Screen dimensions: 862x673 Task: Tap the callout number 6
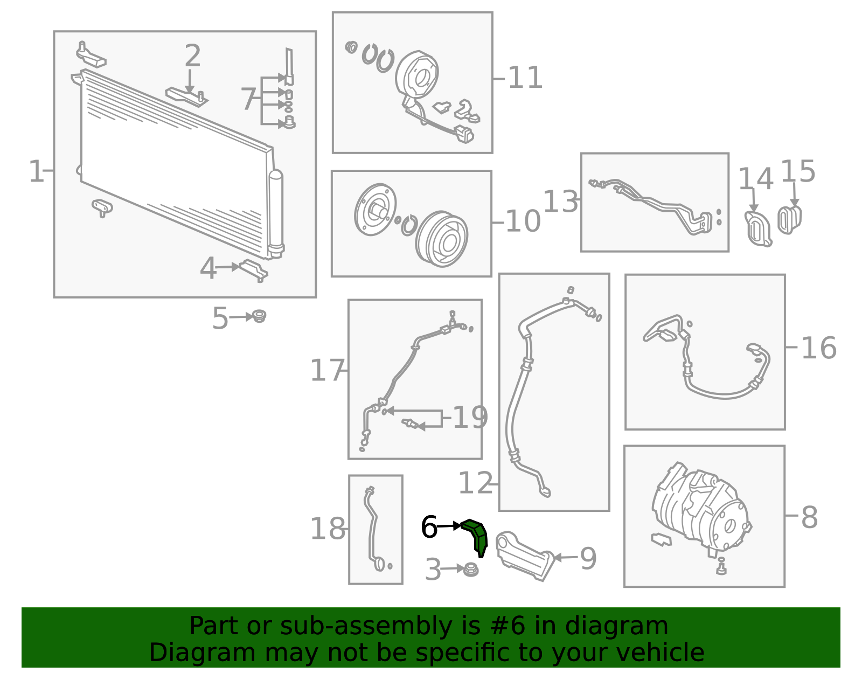click(x=429, y=527)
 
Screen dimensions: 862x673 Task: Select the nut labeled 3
click(x=471, y=570)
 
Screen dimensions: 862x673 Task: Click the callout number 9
click(x=588, y=558)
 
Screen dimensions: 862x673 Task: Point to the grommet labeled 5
click(x=260, y=316)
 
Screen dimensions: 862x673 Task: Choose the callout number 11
click(x=525, y=78)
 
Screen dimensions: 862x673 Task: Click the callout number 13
click(x=560, y=202)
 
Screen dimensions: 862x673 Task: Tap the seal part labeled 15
click(x=789, y=220)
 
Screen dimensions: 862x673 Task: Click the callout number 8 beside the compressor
click(x=810, y=517)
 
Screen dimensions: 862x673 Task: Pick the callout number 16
click(x=819, y=348)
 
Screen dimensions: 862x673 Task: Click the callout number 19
click(x=470, y=417)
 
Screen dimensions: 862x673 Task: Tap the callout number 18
click(x=327, y=529)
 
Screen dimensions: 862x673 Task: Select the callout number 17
click(x=327, y=370)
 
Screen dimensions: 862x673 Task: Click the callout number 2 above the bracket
click(x=192, y=55)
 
